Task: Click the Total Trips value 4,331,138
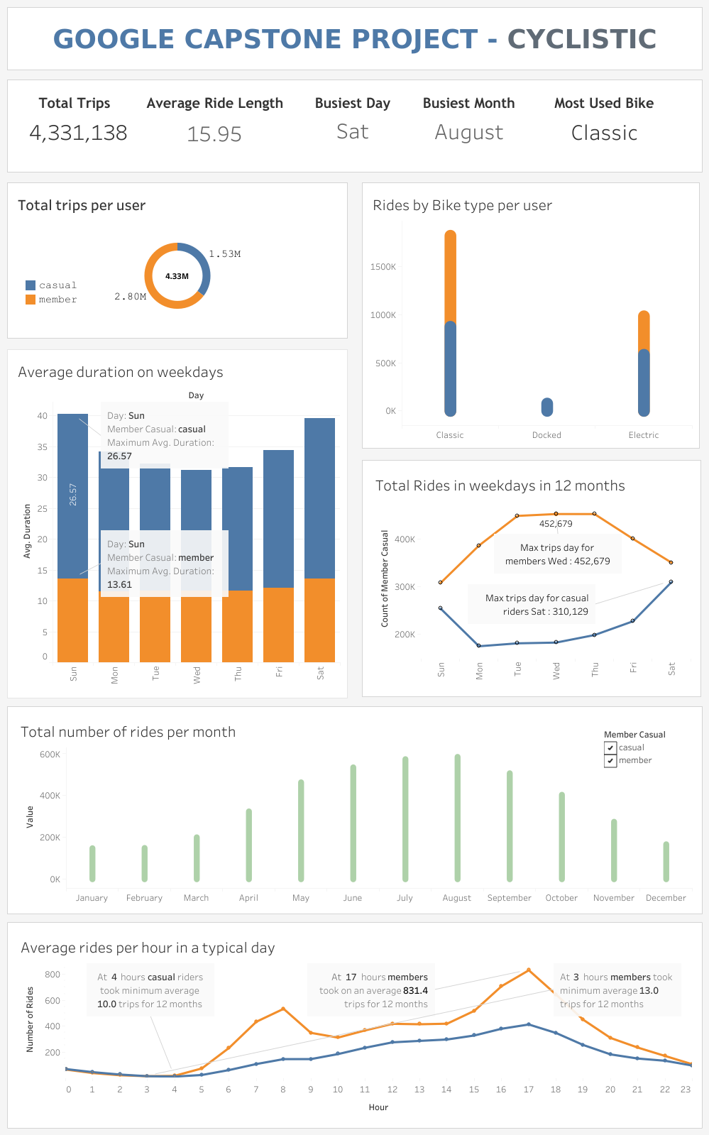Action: click(78, 133)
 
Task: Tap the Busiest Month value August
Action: click(468, 133)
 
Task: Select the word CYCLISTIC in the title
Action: click(582, 40)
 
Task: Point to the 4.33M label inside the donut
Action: click(177, 276)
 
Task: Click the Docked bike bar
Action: click(546, 407)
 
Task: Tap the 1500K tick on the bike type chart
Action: click(383, 267)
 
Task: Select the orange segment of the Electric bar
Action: click(644, 331)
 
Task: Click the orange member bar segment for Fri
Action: click(278, 625)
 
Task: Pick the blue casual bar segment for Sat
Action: click(319, 497)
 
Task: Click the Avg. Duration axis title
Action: click(28, 531)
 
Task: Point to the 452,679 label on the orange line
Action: click(556, 524)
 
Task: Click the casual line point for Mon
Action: click(479, 646)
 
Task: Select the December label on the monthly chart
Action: click(666, 898)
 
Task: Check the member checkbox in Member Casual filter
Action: click(610, 761)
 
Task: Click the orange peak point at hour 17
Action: click(529, 970)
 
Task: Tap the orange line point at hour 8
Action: click(283, 1009)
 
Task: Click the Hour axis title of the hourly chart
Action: click(378, 1107)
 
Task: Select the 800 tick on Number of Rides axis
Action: click(53, 975)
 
